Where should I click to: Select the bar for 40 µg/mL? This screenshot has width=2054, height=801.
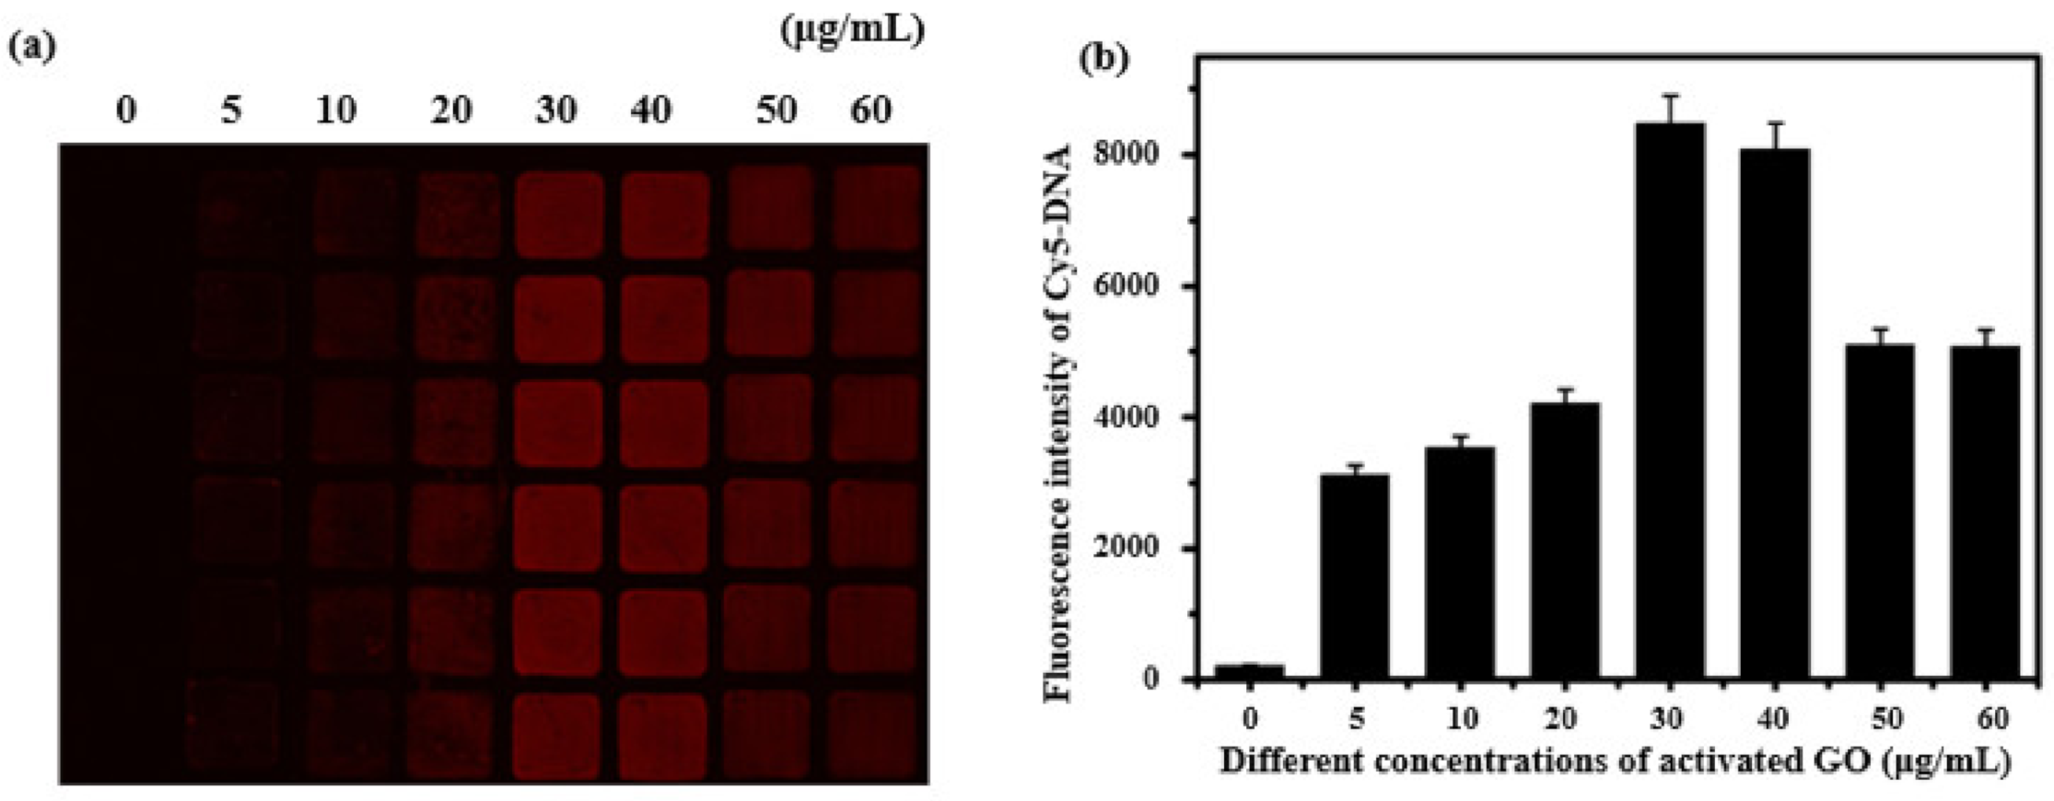click(1774, 414)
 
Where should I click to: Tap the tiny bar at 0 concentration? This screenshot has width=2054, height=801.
click(1249, 672)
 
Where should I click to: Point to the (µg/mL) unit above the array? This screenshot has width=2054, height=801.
click(851, 30)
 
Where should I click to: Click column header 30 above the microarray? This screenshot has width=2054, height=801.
click(556, 110)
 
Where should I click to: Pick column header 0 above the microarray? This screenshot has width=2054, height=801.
click(126, 110)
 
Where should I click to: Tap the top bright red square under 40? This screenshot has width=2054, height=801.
click(664, 215)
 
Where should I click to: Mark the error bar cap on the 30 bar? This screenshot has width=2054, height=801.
click(1669, 95)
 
